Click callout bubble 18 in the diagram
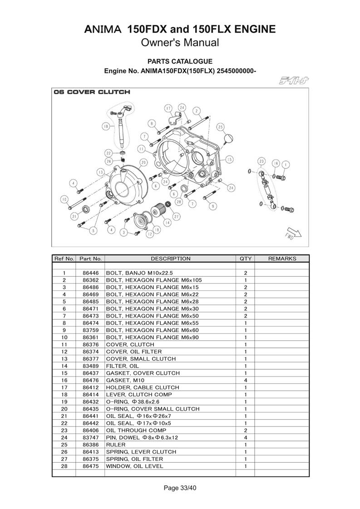point(106,127)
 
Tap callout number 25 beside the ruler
point(220,127)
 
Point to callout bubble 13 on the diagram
point(100,172)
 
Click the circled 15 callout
point(230,159)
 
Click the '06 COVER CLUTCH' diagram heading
point(92,92)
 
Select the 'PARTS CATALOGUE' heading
point(180,61)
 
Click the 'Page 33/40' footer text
point(180,488)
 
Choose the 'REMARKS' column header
point(282,259)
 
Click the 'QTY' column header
point(245,259)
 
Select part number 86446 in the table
point(90,273)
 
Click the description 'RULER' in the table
point(116,445)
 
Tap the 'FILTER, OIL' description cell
point(123,366)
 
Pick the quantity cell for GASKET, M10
point(245,380)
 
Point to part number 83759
point(90,330)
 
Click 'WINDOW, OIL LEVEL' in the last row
point(134,466)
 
